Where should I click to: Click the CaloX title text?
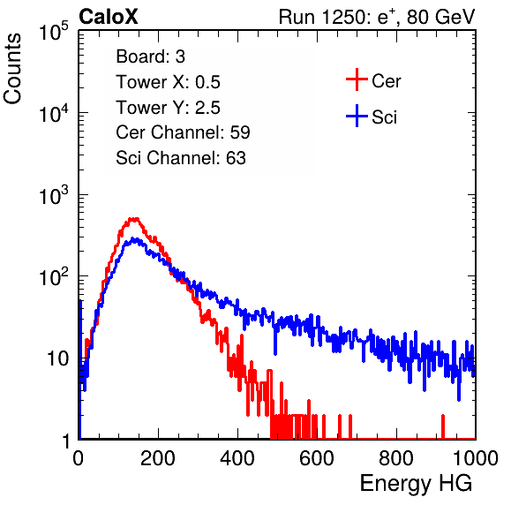click(x=108, y=17)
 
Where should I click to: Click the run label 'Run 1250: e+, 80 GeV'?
click(x=377, y=17)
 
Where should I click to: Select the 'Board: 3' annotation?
click(x=150, y=57)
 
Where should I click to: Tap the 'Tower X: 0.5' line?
click(x=168, y=82)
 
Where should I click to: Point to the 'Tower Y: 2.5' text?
click(x=168, y=108)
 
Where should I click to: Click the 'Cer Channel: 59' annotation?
click(x=183, y=132)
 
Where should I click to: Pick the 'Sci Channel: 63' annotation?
click(x=181, y=158)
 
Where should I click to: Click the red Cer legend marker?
click(x=357, y=79)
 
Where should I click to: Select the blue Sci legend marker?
click(x=357, y=116)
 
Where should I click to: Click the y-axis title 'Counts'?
click(x=12, y=69)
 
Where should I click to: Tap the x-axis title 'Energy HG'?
click(x=416, y=483)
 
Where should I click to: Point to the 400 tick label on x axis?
click(x=237, y=458)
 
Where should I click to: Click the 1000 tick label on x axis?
click(x=476, y=458)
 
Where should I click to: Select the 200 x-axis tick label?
click(x=158, y=458)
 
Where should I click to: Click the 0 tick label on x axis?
click(x=79, y=458)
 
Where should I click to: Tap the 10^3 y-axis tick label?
click(x=54, y=195)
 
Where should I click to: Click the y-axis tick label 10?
click(x=57, y=359)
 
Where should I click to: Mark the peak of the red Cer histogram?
click(x=134, y=220)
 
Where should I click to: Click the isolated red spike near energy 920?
click(x=443, y=426)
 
